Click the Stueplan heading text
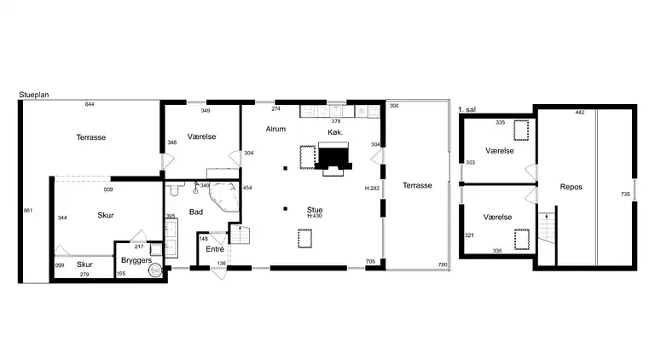34,95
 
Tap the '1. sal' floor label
467,109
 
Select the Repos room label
571,187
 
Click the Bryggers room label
136,260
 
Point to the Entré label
215,249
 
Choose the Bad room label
196,212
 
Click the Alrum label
275,129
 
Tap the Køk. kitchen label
335,132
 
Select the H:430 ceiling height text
315,216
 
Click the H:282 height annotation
372,189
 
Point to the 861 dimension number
28,211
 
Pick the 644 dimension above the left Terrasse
90,104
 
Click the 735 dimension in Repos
625,194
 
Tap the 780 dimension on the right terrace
443,264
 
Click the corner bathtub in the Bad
224,198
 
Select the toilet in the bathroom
175,189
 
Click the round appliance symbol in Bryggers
156,270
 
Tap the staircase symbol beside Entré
241,235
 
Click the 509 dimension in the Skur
108,189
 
